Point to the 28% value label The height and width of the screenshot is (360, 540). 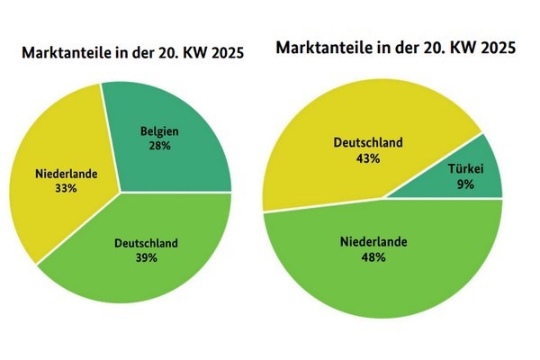tap(160, 145)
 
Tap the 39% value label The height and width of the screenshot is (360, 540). tap(147, 257)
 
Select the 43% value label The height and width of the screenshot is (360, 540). tap(368, 157)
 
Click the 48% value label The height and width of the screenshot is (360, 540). tap(374, 257)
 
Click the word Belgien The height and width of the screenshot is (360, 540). tap(160, 131)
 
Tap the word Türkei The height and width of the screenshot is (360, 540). tap(465, 167)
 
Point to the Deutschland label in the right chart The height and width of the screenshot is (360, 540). tap(368, 143)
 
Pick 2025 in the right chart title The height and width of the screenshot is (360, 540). tap(499, 47)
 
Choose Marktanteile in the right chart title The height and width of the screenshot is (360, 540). tap(322, 47)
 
